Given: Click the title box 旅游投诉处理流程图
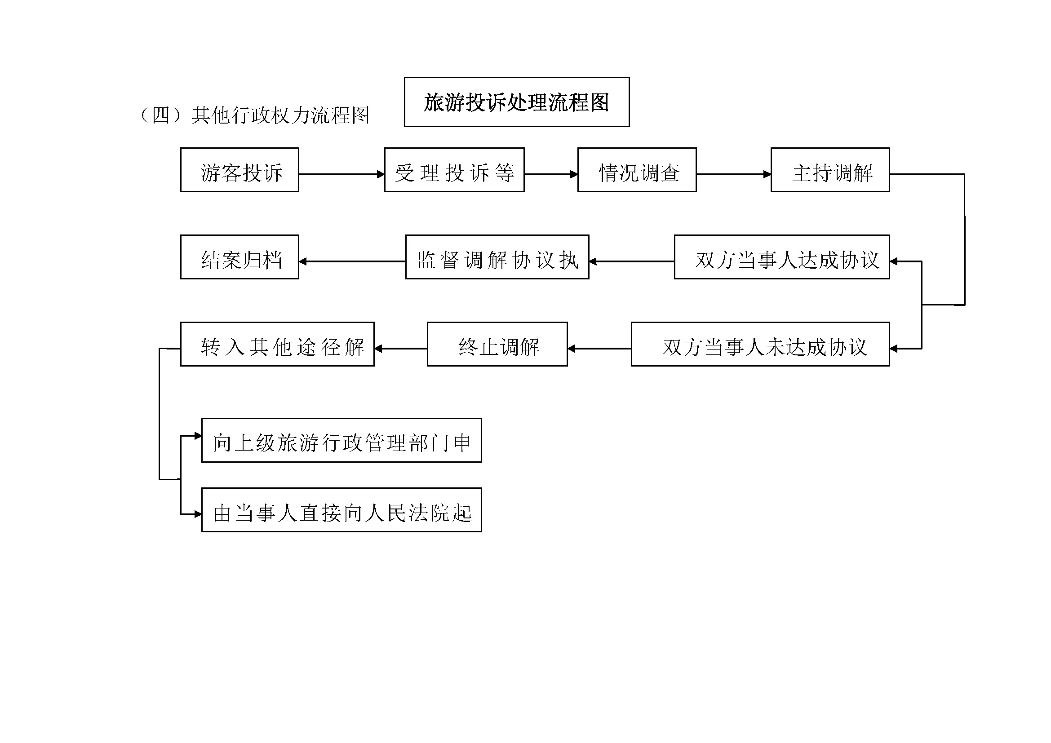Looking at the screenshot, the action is coord(516,102).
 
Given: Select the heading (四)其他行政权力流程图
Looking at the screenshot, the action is coord(254,115).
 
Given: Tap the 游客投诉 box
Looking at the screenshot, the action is coord(239,170).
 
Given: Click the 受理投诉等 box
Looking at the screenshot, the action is coord(454,170).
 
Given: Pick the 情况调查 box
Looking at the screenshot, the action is coord(637,170).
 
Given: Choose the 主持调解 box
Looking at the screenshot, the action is coord(830,170).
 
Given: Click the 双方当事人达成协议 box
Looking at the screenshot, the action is coord(782,257).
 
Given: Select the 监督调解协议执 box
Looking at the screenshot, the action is coord(497,257).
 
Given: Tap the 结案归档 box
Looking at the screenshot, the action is coord(239,257).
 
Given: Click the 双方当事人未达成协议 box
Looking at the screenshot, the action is coord(760,344).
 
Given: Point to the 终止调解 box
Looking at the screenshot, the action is coord(497,344).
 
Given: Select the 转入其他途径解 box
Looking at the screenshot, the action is coord(277,344).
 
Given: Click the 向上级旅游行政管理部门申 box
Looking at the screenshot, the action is coord(341,440).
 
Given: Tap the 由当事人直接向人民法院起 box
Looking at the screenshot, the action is coord(341,510).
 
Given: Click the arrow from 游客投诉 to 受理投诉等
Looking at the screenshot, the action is coord(341,174).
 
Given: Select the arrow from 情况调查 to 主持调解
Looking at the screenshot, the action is coord(734,174).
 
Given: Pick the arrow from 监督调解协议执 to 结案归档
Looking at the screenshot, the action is coord(352,262).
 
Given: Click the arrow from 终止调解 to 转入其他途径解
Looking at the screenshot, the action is coord(401,349).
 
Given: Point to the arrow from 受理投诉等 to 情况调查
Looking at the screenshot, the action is coord(551,174).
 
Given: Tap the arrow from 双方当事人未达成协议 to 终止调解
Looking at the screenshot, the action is coord(600,349).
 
